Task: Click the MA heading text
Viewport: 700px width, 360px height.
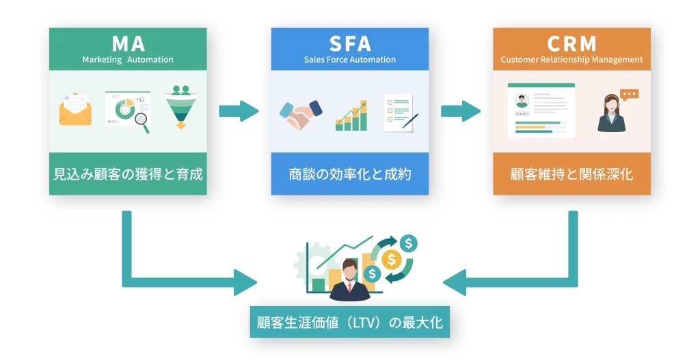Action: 128,44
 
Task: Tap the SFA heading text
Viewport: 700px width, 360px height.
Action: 349,44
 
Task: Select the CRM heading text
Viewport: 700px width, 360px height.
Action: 571,44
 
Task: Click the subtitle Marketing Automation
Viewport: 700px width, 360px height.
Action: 128,59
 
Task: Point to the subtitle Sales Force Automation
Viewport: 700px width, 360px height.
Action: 349,59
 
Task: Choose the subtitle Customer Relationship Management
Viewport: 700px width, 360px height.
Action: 571,59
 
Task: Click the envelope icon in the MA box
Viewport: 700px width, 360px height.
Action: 75,110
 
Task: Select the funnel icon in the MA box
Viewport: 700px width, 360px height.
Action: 180,108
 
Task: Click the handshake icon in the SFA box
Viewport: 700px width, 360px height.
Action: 301,113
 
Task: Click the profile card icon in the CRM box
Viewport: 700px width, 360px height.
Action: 541,110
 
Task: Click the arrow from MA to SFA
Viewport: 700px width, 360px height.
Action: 239,110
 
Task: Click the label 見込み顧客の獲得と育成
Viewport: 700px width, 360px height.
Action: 128,174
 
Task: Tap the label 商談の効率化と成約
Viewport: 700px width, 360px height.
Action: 349,174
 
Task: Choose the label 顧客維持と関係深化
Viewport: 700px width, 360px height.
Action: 571,174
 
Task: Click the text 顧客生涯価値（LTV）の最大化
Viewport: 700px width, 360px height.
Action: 349,322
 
